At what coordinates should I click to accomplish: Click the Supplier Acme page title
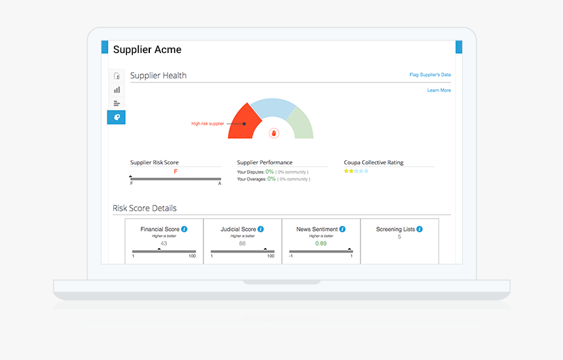coord(147,50)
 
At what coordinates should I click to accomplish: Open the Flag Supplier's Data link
coord(430,75)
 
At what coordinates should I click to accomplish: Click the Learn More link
coord(439,90)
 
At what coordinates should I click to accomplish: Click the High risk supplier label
coord(208,123)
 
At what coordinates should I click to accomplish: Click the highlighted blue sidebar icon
coord(117,117)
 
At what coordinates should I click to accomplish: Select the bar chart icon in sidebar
coord(117,90)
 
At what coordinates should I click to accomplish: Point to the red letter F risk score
coord(175,172)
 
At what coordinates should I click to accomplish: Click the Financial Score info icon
coord(185,229)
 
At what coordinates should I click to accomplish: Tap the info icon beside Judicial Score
coord(261,229)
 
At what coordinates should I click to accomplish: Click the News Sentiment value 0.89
coord(321,243)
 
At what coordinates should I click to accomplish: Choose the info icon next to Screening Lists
coord(419,229)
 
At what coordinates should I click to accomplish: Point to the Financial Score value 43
coord(164,243)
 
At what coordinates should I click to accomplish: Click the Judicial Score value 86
coord(242,243)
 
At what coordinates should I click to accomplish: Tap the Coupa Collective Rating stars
coord(356,171)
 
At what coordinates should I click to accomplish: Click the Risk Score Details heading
coord(145,208)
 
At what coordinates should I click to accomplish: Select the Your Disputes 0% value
coord(270,172)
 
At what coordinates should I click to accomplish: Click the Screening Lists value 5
coord(399,237)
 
